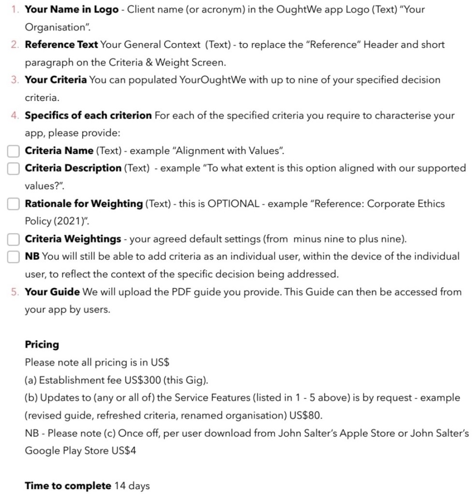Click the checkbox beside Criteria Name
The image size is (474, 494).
click(14, 151)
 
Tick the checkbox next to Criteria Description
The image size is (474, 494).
click(14, 169)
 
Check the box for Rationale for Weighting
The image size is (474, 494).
click(14, 204)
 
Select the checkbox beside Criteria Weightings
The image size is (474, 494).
click(14, 240)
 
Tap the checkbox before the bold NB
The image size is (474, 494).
click(14, 257)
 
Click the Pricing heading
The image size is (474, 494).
click(42, 345)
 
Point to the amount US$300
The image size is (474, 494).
click(143, 381)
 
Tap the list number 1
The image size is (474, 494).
click(14, 10)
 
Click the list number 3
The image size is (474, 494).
click(14, 80)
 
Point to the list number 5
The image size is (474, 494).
click(14, 292)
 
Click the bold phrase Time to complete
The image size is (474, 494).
click(68, 486)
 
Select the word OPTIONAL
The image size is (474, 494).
click(233, 204)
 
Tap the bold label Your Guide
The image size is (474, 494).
click(52, 292)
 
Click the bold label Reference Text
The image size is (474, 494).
click(61, 45)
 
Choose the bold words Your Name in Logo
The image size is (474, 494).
click(72, 10)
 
